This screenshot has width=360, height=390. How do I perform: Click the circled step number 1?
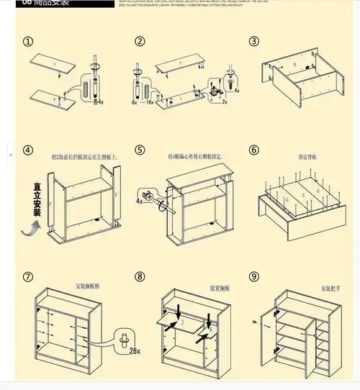28,42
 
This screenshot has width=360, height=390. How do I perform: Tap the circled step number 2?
140,42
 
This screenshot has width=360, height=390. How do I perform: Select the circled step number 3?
253,42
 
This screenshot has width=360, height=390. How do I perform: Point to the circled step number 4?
28,150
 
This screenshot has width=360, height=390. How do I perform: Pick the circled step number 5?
140,150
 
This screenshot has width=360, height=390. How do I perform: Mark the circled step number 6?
253,150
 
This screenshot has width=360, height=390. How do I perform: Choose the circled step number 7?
28,277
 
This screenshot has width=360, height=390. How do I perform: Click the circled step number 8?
140,277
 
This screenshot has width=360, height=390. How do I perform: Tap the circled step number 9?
253,277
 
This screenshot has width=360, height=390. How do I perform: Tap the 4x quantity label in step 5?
139,201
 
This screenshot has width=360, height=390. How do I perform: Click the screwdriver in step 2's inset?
230,77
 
